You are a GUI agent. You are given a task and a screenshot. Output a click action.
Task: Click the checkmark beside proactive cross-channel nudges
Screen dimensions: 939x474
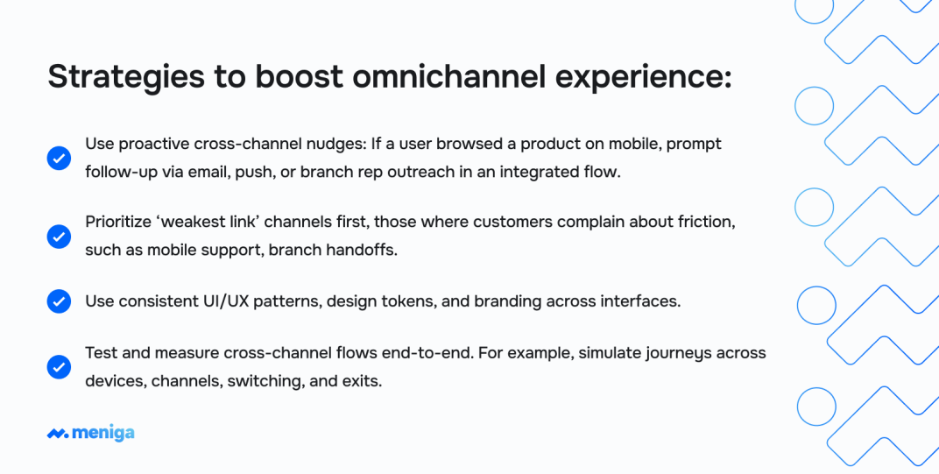coord(59,159)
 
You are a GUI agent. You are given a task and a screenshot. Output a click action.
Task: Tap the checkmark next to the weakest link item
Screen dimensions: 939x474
coord(59,236)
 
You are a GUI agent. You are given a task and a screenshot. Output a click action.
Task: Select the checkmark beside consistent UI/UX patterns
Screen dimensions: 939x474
coord(59,301)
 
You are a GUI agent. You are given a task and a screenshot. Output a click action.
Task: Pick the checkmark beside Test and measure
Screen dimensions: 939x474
coord(59,367)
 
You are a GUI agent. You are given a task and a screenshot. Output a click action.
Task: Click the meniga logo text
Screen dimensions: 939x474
coord(103,433)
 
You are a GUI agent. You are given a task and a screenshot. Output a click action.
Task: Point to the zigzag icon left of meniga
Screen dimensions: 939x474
coord(58,433)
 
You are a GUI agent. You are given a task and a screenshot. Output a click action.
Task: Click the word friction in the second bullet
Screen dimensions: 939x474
coord(703,223)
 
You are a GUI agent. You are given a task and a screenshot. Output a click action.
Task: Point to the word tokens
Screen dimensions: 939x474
coord(404,301)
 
